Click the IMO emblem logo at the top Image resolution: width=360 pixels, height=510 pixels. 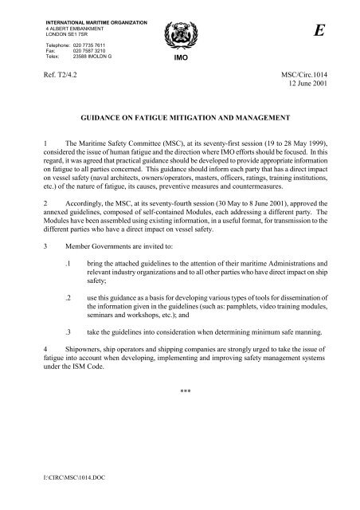point(179,35)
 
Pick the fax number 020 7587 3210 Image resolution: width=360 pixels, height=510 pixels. point(90,52)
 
